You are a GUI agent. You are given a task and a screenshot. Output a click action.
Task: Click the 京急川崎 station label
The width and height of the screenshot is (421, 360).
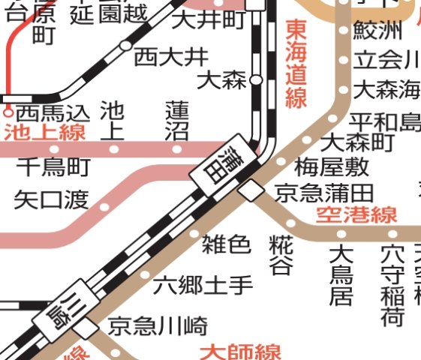click(x=158, y=327)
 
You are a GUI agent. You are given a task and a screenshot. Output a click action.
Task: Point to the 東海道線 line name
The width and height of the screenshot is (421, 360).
click(x=296, y=64)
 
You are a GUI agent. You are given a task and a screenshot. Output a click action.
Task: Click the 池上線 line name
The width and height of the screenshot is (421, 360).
click(x=44, y=133)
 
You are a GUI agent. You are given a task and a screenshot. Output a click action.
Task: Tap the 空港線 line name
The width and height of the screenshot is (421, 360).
click(x=356, y=215)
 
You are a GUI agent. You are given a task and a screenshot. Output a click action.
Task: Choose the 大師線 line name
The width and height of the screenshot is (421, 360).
click(x=240, y=351)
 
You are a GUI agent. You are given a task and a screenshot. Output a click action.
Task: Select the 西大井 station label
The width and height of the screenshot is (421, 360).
click(x=167, y=56)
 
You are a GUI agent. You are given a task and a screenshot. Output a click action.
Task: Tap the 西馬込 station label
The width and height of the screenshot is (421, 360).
click(x=53, y=113)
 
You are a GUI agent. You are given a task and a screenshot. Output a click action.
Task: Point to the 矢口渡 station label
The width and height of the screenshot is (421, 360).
click(x=51, y=199)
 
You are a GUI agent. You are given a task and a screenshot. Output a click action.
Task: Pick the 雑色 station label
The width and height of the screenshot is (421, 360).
click(x=226, y=243)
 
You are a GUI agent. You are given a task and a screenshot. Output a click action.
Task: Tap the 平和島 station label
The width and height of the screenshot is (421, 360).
click(x=386, y=121)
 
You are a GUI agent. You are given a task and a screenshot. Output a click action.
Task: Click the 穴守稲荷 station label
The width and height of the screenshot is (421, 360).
click(x=392, y=286)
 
